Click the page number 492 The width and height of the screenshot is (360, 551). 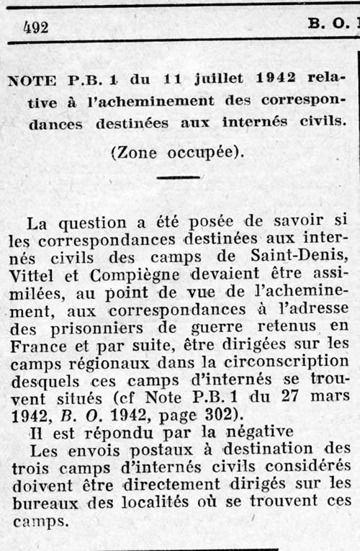pyautogui.click(x=36, y=27)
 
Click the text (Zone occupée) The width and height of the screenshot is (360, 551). pyautogui.click(x=177, y=152)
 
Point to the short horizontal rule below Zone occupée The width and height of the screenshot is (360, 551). pyautogui.click(x=177, y=176)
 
